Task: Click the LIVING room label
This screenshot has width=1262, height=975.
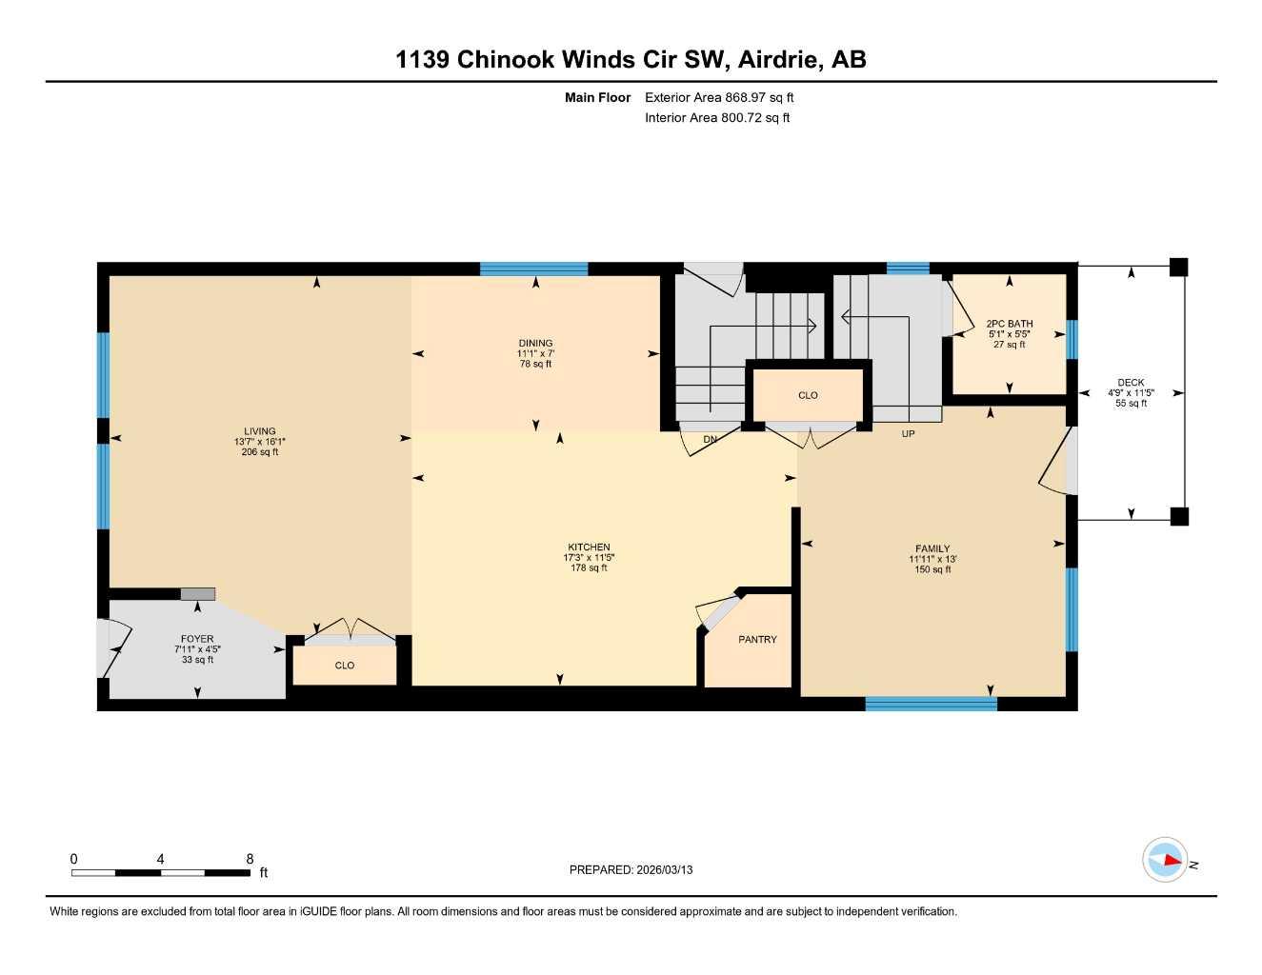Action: [x=259, y=431]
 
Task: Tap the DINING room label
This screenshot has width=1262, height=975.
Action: [x=535, y=344]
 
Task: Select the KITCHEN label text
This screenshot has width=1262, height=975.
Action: [x=589, y=547]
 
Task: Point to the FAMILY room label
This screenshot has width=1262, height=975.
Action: [x=932, y=548]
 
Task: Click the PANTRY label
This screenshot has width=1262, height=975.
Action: [x=757, y=640]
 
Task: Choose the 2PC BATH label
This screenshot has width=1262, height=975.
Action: [x=1009, y=324]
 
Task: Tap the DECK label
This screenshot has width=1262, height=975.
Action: [x=1131, y=383]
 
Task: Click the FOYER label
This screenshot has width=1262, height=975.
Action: [x=197, y=639]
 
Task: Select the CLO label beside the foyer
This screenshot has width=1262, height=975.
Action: [x=345, y=666]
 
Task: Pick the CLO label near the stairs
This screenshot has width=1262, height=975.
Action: [x=808, y=395]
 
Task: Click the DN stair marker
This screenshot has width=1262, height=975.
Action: [x=710, y=440]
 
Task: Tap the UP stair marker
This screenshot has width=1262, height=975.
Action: [x=908, y=434]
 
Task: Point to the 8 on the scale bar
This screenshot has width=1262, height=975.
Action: [x=250, y=859]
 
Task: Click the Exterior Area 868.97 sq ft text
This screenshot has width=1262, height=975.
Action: [x=719, y=97]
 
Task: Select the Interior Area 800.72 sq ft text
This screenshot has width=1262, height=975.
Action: [x=717, y=118]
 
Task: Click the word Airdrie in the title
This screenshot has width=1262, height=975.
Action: [x=777, y=60]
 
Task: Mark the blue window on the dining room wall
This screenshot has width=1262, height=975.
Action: [x=533, y=269]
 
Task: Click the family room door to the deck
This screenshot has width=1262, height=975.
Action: [x=1055, y=462]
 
